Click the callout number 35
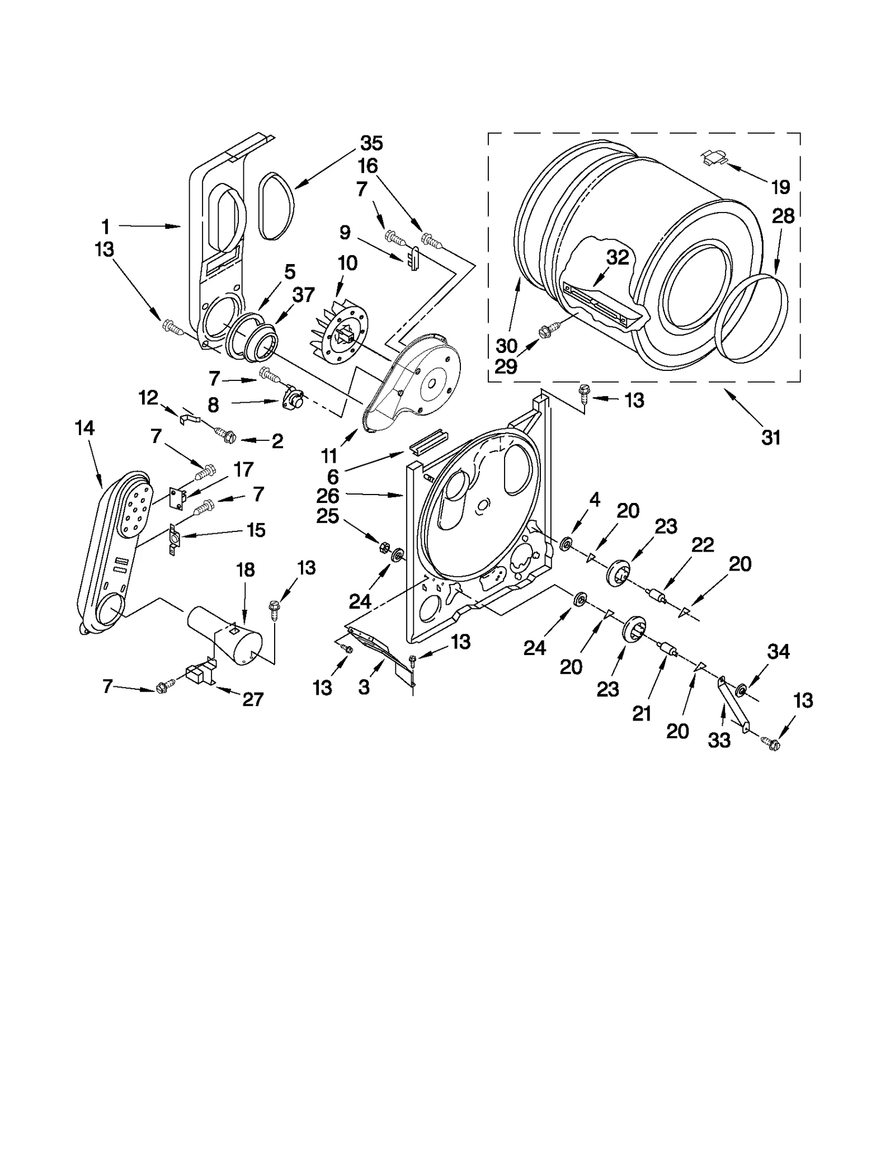tap(371, 143)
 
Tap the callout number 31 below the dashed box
tap(771, 437)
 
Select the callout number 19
tap(780, 187)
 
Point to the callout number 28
tap(783, 216)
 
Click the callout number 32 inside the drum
tap(618, 257)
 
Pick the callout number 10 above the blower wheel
tap(347, 263)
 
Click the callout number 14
tap(84, 429)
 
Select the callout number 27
tap(253, 699)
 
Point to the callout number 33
tap(719, 740)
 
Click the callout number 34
tap(778, 651)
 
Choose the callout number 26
tap(328, 496)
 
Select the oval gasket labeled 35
tap(276, 207)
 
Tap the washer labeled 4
tap(566, 543)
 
